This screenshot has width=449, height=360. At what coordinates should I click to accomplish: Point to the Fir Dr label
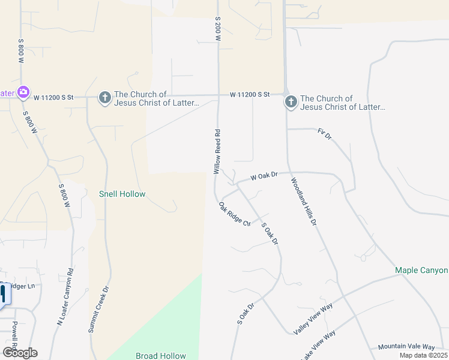[x=325, y=134]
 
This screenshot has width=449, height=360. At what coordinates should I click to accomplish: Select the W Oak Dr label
[x=264, y=176]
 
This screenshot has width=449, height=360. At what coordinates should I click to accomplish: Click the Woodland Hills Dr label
[x=304, y=202]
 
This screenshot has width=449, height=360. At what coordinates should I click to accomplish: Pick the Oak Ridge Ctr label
[x=235, y=214]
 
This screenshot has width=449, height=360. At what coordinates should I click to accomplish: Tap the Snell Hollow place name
[x=122, y=194]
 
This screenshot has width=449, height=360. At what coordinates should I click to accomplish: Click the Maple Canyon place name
[x=421, y=271]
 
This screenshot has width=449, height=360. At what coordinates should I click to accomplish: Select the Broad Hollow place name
[x=161, y=356]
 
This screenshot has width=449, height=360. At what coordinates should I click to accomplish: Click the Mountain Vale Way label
[x=406, y=347]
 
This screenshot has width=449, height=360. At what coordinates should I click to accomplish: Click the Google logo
[x=20, y=353]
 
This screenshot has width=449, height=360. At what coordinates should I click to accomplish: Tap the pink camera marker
[x=23, y=92]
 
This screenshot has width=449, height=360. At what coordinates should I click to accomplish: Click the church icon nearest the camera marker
[x=104, y=98]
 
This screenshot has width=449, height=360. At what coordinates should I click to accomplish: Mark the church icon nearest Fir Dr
[x=291, y=102]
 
